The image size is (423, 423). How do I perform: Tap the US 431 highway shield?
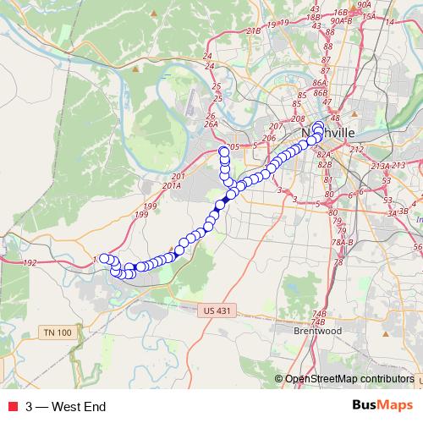coord(217,310)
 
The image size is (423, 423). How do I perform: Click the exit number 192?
coord(30,263)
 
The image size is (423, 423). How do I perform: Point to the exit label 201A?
coord(172,185)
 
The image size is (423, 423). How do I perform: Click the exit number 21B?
coord(253,30)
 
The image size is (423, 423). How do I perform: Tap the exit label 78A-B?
coord(342,242)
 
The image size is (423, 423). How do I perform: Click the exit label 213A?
coord(381,167)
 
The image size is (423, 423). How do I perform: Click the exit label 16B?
coord(340,13)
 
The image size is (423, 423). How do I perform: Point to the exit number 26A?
coord(211,124)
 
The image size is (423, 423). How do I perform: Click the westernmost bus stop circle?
coord(104,259)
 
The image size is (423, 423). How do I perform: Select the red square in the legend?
coord(13,407)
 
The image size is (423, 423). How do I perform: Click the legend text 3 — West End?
coord(65,407)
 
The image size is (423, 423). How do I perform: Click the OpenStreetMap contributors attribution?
coord(349,380)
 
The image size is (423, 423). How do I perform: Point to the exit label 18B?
coord(314,15)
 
